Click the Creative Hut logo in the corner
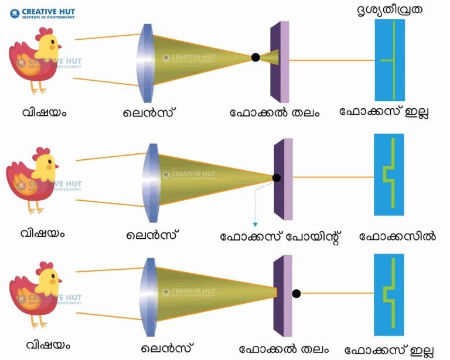pos(42,13)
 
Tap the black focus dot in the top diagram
pos(255,57)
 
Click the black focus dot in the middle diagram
pos(277,178)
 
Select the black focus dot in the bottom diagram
pos(296,293)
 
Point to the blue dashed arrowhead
pos(255,225)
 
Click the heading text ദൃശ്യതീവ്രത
pos(390,11)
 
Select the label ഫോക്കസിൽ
pos(397,236)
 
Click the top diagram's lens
pos(145,63)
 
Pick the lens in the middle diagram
pos(151,183)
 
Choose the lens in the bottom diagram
pos(148,297)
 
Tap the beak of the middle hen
pos(56,166)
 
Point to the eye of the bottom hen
pos(53,276)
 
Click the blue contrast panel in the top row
pos(390,60)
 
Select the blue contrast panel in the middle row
pos(389,174)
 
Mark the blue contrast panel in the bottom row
pos(389,294)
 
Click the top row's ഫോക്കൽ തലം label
pos(275,112)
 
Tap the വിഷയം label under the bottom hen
pos(48,345)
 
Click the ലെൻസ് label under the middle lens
pos(151,235)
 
